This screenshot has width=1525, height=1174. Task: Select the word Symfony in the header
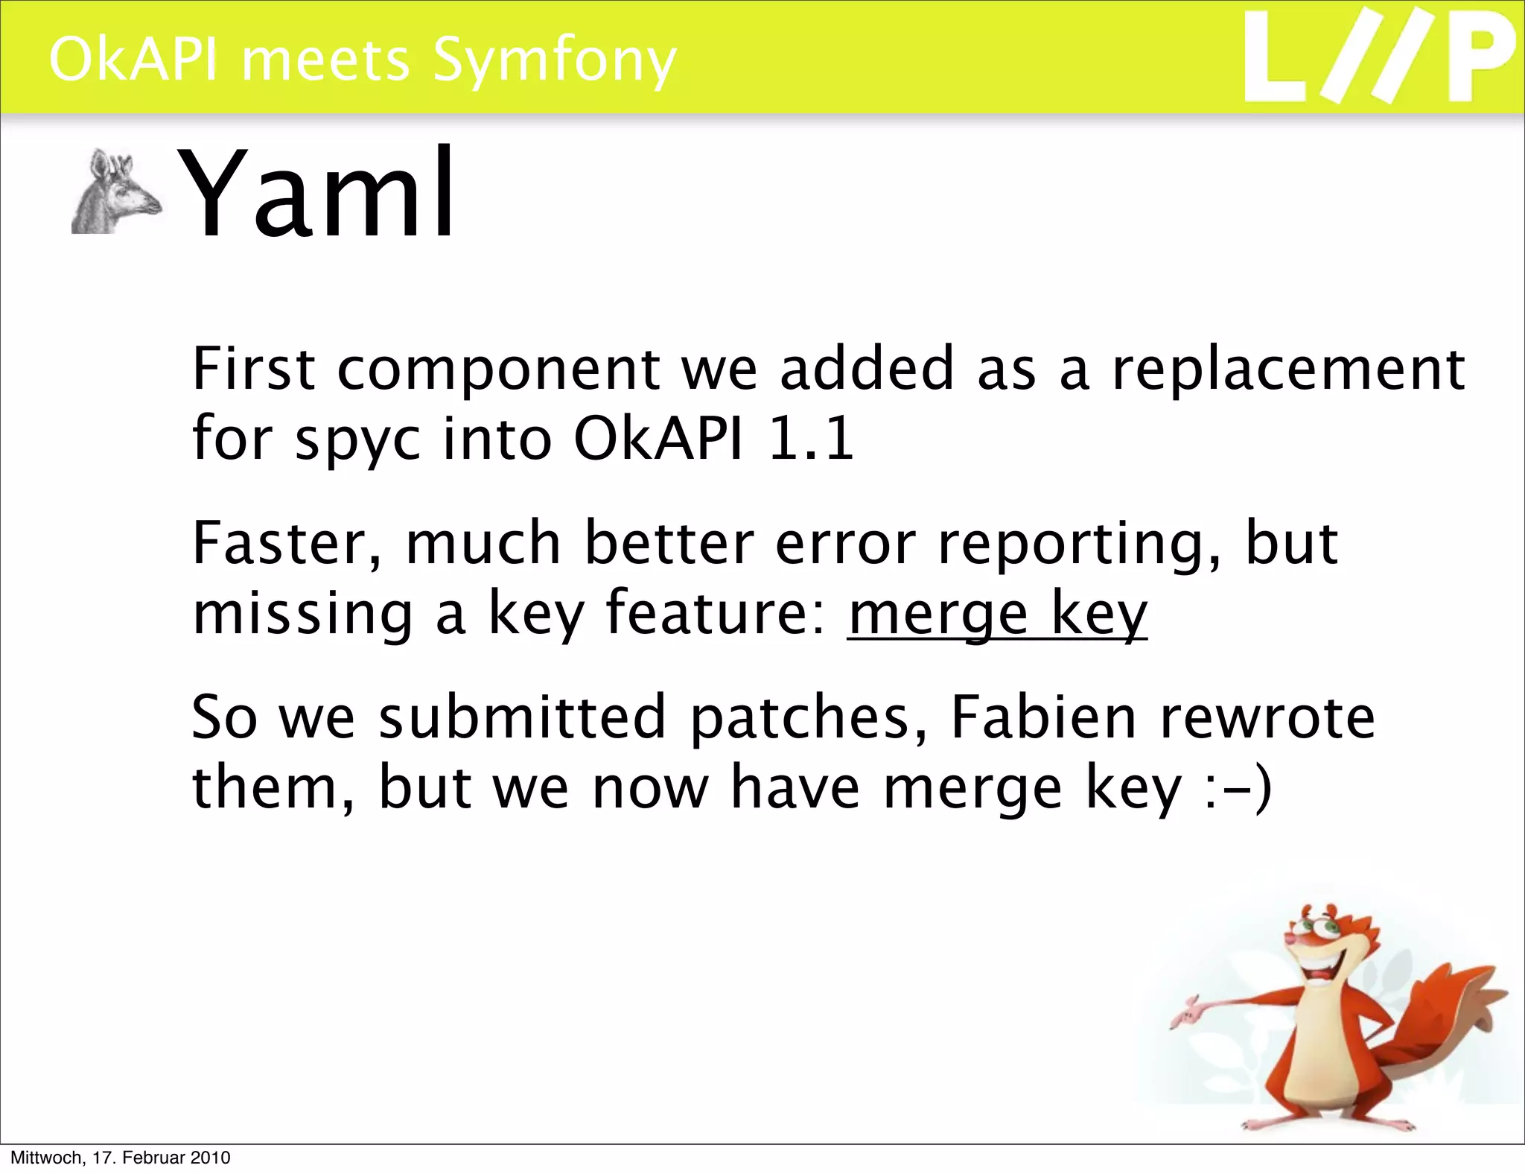click(555, 60)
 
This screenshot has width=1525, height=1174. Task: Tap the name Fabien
click(1043, 717)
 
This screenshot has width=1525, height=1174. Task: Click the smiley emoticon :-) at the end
click(1238, 787)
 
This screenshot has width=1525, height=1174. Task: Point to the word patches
click(809, 717)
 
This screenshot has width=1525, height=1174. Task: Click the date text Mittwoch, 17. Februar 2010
click(120, 1158)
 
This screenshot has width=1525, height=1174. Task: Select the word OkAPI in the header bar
click(134, 60)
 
